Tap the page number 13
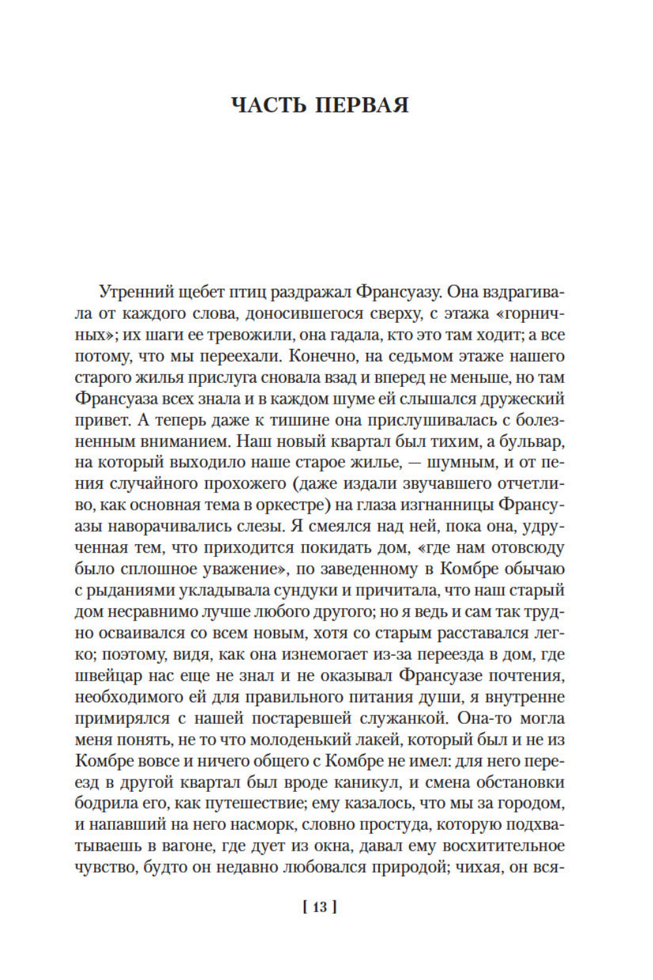pyautogui.click(x=320, y=907)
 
